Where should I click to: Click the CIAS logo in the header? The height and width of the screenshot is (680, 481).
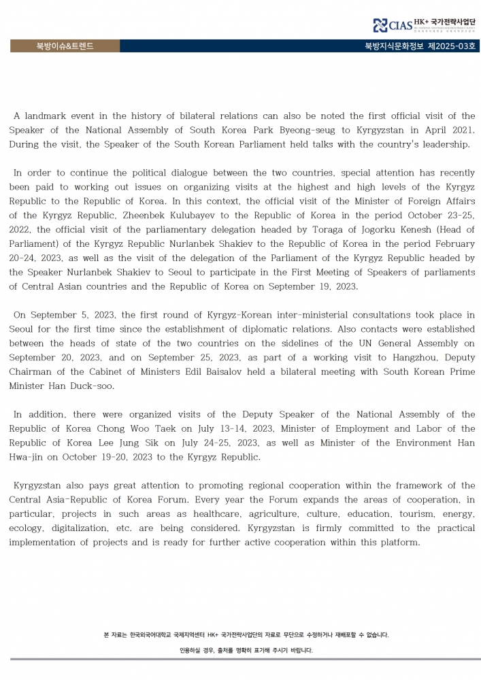click(393, 26)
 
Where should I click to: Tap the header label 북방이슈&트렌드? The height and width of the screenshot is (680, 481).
click(65, 46)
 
